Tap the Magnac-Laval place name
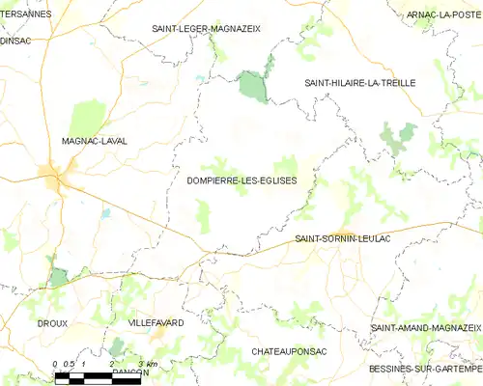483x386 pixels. point(94,141)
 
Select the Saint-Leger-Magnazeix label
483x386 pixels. point(206,29)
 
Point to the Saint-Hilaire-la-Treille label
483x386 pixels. point(359,83)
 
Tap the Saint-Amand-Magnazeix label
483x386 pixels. point(426,329)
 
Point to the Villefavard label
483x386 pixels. point(156,322)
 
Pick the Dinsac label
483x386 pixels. point(16,41)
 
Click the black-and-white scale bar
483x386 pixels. point(97,379)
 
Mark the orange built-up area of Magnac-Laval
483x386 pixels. point(51,176)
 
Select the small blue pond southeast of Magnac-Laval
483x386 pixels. point(105,213)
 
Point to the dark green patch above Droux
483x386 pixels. point(59,277)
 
